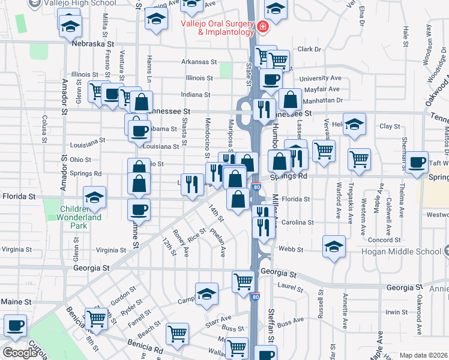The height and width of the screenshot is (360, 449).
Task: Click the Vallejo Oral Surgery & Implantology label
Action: (217, 28)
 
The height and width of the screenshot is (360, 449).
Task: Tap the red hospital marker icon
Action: (262, 27)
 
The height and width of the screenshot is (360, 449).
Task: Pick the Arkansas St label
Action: (199, 62)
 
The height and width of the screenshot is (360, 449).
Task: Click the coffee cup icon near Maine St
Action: (14, 326)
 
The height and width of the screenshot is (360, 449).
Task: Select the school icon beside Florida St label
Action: (94, 196)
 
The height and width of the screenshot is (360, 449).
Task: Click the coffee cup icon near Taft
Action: (417, 162)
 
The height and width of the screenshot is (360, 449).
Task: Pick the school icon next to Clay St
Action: (354, 124)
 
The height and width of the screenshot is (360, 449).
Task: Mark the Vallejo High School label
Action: (91, 4)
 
